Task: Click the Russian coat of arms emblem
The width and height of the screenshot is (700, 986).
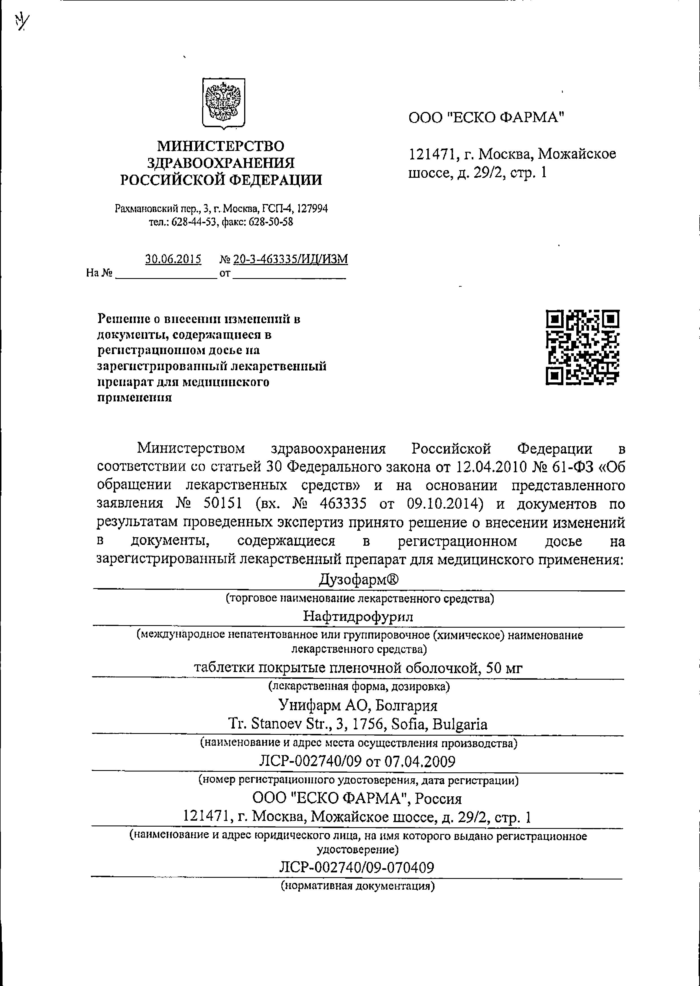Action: (x=223, y=103)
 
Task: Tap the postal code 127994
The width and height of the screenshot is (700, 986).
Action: (x=312, y=209)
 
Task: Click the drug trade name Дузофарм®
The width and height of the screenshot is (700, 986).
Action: (x=359, y=580)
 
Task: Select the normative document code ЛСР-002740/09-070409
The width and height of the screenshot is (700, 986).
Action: (x=356, y=867)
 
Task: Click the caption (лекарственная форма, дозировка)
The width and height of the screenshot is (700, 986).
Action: (x=359, y=686)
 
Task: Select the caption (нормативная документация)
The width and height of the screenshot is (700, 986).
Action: (x=357, y=886)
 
